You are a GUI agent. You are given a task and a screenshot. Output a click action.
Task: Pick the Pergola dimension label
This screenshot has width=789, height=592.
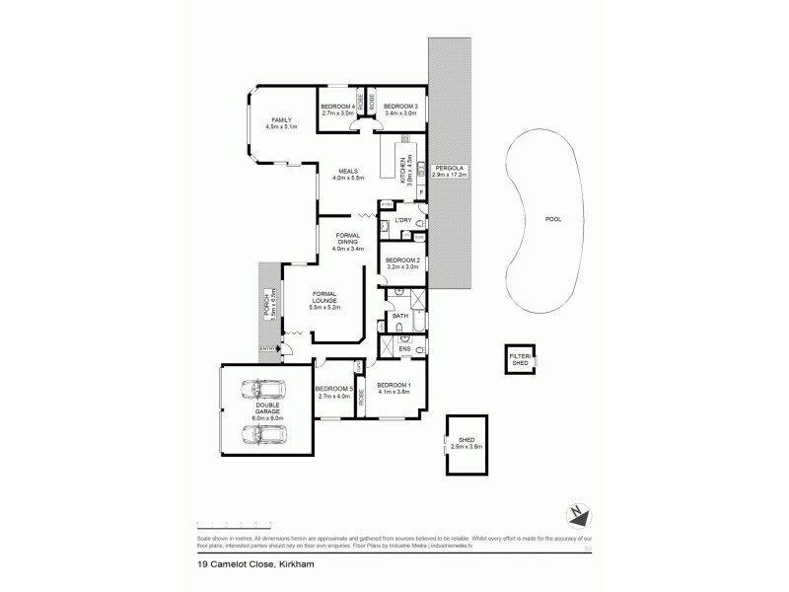(455, 171)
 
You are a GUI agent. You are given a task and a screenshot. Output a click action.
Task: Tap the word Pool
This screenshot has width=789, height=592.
(553, 219)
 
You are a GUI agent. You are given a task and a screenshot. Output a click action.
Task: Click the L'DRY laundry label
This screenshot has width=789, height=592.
(402, 220)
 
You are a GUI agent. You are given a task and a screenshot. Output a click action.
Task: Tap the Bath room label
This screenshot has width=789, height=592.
(400, 316)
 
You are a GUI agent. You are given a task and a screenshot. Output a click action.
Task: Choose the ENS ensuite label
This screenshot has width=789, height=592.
(404, 348)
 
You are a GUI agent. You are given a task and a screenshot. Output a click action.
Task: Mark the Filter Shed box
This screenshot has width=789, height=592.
(519, 359)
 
